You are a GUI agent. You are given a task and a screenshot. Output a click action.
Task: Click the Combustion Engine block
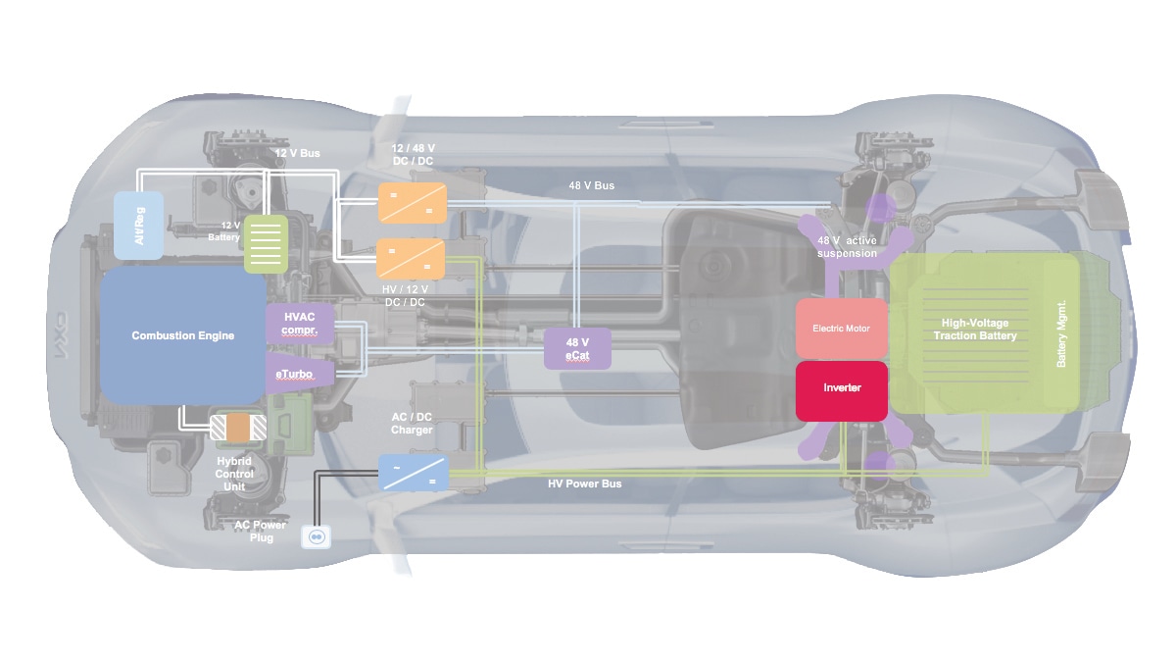tap(182, 335)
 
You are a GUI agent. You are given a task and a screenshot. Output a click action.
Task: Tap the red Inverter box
tap(842, 389)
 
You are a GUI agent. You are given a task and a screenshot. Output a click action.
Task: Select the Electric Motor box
tap(842, 329)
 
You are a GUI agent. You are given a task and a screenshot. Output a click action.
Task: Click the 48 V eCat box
tap(578, 349)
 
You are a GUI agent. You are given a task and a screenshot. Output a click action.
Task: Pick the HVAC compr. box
tap(300, 323)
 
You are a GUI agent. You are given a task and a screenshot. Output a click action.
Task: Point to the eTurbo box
tap(300, 374)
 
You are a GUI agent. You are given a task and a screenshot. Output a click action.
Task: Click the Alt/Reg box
tap(138, 226)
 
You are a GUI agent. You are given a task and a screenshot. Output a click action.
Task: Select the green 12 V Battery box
tap(264, 243)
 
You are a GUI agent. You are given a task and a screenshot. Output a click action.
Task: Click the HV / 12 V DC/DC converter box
tap(412, 259)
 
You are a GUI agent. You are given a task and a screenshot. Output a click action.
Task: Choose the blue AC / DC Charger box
tap(414, 472)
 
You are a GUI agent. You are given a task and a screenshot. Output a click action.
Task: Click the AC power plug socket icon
tap(317, 535)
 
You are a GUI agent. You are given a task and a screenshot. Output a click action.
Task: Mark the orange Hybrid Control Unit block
tap(237, 428)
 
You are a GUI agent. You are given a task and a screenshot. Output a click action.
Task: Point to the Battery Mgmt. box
tap(1061, 333)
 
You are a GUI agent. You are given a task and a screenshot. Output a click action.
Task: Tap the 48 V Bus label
tap(592, 185)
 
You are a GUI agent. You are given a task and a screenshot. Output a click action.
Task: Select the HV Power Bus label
tap(584, 484)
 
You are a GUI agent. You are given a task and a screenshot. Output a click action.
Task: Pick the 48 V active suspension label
tap(848, 247)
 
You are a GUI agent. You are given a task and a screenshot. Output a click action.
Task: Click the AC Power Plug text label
tap(261, 532)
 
